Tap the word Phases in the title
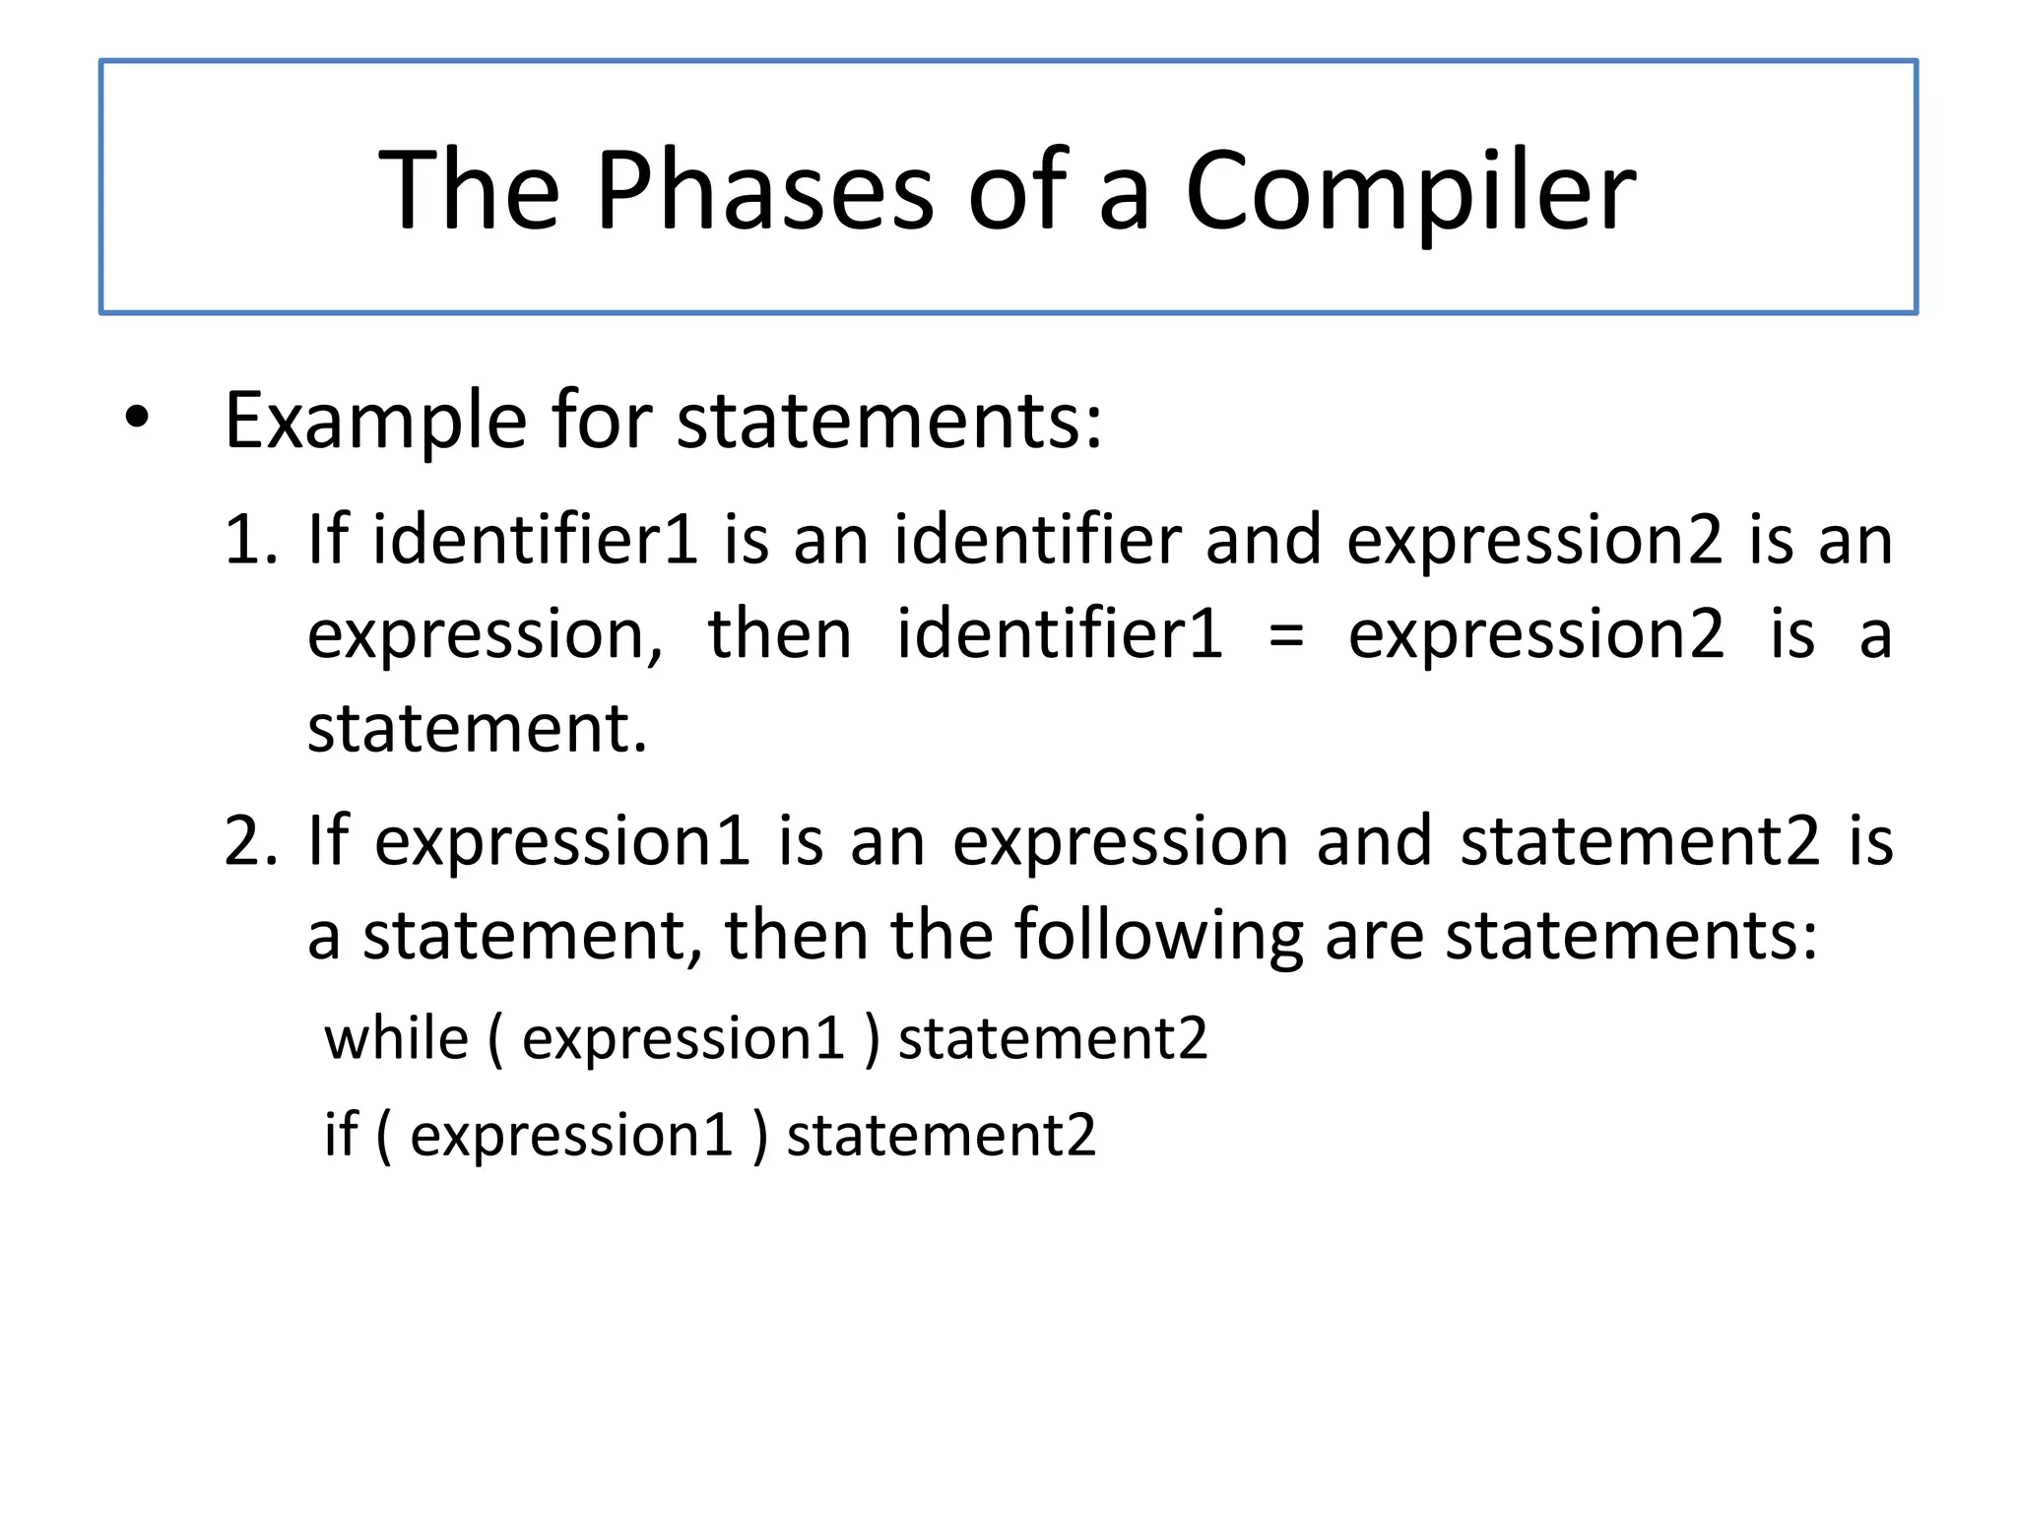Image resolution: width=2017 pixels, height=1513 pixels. pos(764,190)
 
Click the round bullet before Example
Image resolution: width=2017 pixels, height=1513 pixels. pos(137,418)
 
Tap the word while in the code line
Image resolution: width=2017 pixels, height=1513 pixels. pos(397,1039)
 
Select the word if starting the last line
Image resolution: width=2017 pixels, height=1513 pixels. pos(341,1135)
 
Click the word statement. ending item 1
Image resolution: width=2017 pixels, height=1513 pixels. pos(478,729)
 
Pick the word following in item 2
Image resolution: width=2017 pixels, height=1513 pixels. pos(1158,936)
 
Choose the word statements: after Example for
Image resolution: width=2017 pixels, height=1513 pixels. pos(889,422)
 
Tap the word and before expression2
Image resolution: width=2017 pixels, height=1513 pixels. pos(1264,540)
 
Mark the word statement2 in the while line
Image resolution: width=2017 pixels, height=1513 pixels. pos(1053,1039)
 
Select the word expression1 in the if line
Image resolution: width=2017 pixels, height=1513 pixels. pos(572,1135)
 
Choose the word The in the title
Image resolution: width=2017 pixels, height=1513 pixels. pos(469,190)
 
